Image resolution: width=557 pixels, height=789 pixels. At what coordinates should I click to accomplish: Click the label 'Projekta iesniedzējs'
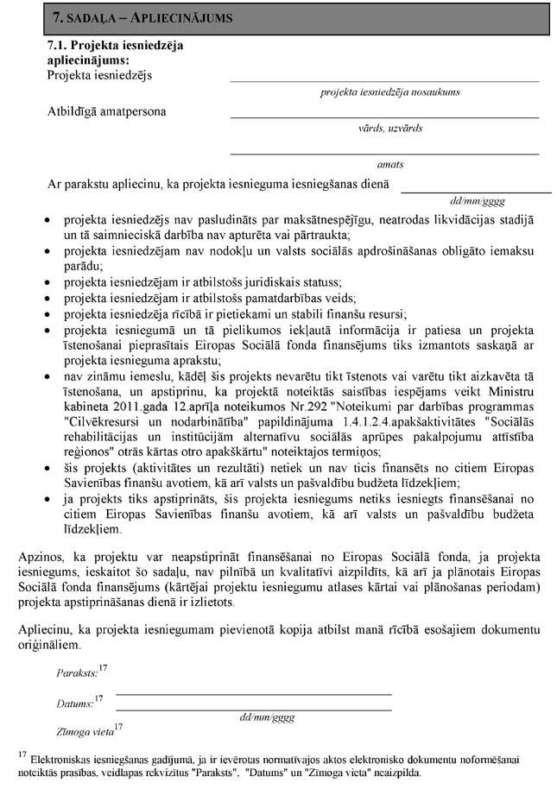point(100,75)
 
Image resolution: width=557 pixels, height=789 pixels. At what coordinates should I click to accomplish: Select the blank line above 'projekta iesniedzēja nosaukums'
point(384,81)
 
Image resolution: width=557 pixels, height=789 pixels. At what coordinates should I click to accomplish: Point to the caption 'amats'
point(390,164)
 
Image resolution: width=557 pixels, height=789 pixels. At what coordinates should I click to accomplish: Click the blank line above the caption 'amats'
point(384,154)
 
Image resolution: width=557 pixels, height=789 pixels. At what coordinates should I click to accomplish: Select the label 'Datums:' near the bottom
point(73,704)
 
